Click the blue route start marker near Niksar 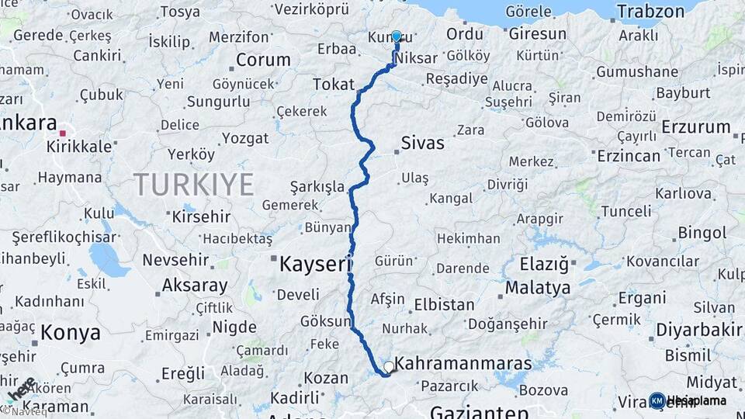[x=397, y=36]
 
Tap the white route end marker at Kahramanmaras [x=389, y=366]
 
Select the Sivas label [x=423, y=143]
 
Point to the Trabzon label [x=651, y=11]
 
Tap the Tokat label [x=333, y=84]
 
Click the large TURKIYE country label [x=193, y=185]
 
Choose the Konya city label [x=70, y=333]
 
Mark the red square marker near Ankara [x=62, y=133]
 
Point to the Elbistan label [x=444, y=304]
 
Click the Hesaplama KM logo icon [x=657, y=400]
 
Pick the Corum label [x=263, y=60]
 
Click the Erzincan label [x=629, y=156]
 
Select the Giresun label [x=537, y=34]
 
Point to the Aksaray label [x=195, y=286]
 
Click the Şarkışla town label [x=317, y=187]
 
